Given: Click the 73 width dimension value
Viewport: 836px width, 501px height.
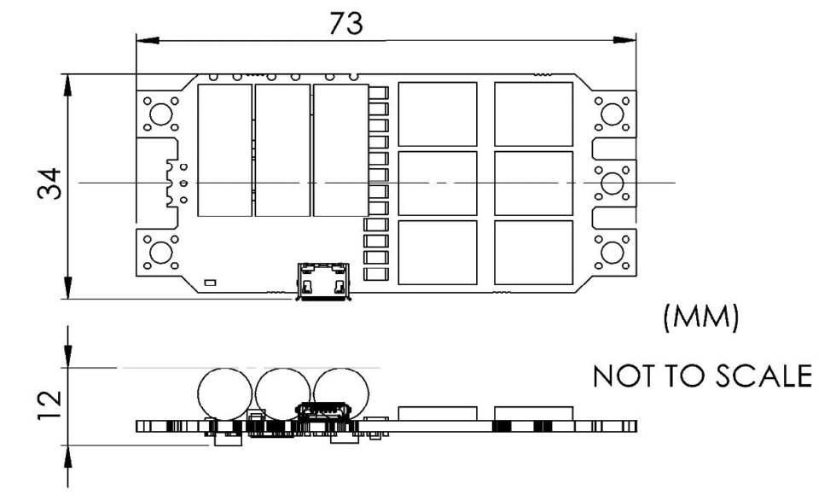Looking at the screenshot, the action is (346, 23).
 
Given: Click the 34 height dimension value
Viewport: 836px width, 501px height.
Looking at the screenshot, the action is (49, 183).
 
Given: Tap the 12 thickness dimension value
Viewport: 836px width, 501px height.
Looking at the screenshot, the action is (49, 405).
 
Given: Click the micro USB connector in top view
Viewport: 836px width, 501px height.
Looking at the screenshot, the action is (323, 281).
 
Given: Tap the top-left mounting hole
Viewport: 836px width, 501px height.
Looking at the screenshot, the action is (160, 114).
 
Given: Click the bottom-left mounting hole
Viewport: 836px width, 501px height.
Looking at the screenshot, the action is (160, 253).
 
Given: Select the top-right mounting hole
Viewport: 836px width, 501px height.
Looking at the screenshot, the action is (612, 114).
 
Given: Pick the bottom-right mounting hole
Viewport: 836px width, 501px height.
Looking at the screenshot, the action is (612, 253).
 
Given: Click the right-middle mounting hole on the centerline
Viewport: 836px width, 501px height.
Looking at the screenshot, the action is (612, 183).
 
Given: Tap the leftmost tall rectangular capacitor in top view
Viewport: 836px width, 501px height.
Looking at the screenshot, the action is (224, 150).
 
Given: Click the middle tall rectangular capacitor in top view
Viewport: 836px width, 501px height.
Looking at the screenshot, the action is (282, 150).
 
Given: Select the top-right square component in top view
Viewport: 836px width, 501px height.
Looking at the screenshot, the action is (534, 114).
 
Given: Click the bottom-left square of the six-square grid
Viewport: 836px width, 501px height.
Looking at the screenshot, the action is (437, 253).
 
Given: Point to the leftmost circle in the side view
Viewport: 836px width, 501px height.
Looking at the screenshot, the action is (224, 394).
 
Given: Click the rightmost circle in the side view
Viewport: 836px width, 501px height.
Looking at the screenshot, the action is (341, 394).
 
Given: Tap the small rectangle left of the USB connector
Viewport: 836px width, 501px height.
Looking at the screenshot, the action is (210, 283).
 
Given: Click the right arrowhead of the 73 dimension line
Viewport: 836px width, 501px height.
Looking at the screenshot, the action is (624, 40).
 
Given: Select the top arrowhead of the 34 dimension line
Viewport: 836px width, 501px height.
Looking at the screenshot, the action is (67, 85).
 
